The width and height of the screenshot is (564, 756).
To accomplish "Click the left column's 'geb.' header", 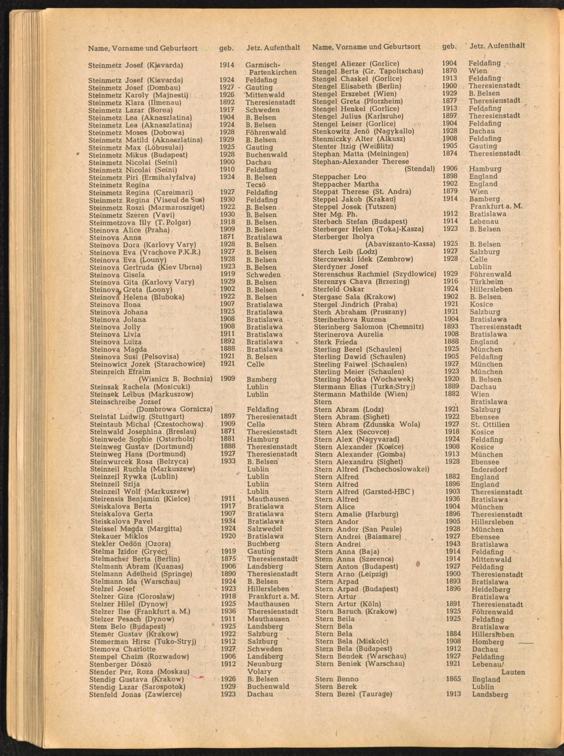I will point(226,48).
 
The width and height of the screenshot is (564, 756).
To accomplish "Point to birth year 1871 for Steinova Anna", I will point(227,238).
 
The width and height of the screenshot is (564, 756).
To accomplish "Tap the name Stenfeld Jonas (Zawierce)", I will point(135,695).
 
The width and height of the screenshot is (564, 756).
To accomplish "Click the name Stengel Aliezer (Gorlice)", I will point(355,64).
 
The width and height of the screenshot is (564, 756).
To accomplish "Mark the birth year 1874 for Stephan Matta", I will point(450,153).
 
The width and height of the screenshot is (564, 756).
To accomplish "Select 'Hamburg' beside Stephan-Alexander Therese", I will point(484,169).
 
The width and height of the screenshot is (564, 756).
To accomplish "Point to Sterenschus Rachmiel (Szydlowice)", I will point(374,274).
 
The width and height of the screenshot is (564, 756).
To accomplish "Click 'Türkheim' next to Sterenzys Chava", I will point(486,282).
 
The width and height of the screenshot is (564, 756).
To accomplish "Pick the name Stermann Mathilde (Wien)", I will point(360,394).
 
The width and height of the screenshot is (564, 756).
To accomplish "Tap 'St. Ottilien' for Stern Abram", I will point(490,424).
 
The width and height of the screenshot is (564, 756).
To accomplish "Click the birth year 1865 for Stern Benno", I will point(453,679).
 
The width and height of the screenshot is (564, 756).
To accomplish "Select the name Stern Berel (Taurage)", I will point(354,695).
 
